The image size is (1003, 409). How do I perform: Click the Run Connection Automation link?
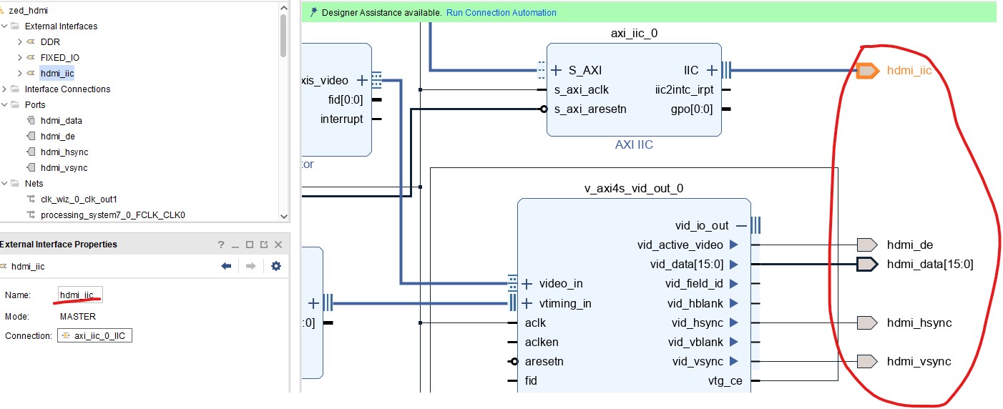(501, 13)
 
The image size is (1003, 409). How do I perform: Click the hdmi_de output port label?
(910, 245)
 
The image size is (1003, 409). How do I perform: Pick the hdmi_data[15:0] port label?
(930, 265)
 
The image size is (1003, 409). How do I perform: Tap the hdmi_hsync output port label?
(919, 323)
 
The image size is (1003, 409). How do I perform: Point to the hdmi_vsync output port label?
(919, 362)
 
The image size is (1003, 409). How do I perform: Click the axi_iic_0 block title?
(633, 33)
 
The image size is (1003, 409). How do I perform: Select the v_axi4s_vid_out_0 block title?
(634, 189)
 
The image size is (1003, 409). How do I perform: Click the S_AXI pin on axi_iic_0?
(584, 71)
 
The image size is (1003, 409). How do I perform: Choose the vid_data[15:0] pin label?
(686, 265)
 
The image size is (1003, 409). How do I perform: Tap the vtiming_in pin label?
(565, 304)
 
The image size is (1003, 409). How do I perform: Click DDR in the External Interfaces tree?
(50, 42)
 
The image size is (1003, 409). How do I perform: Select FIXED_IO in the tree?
(60, 58)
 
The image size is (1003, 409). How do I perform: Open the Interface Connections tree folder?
(67, 89)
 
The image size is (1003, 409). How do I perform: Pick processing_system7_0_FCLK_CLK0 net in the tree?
(113, 215)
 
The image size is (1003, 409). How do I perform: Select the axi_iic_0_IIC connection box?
(95, 336)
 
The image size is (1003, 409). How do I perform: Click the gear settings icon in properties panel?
(275, 266)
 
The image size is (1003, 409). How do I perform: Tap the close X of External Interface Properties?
(278, 245)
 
